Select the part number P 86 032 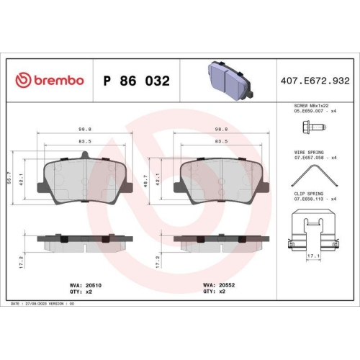137,81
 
